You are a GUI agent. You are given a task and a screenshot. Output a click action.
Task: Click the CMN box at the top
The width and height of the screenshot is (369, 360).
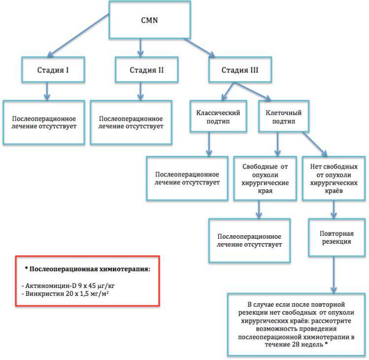point(149,20)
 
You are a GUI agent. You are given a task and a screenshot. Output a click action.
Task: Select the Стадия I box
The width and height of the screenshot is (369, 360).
point(53,70)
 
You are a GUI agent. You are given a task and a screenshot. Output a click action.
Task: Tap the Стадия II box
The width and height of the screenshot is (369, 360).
point(146,70)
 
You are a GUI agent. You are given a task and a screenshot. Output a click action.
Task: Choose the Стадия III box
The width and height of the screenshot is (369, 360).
point(240,70)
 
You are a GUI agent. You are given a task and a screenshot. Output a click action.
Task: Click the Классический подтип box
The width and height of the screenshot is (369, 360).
point(218,116)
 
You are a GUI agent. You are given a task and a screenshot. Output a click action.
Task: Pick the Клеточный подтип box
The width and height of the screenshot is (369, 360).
point(284,116)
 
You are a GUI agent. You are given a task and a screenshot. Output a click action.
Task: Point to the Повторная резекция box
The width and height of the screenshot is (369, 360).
point(337,238)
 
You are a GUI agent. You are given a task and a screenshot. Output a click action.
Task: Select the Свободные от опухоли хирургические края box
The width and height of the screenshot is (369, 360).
point(265,179)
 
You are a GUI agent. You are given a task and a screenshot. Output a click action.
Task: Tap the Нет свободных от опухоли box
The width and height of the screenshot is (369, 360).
point(334,179)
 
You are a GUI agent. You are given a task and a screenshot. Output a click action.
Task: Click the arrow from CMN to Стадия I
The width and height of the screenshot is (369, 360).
point(78,35)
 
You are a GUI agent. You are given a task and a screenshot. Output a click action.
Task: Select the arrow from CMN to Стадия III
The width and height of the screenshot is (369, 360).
point(200,48)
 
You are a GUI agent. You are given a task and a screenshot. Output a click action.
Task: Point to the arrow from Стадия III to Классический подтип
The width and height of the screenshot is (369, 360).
point(228,91)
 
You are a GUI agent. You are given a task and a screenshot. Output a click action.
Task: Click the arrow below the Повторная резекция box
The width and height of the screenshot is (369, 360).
point(334,274)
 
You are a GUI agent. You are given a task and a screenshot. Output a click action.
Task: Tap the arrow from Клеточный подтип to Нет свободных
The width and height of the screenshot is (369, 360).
point(315,144)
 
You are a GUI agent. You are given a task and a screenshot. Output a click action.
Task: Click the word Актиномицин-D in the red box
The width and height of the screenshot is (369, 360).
point(51,286)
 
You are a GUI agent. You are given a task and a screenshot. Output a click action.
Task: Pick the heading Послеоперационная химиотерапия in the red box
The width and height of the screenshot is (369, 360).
point(89,269)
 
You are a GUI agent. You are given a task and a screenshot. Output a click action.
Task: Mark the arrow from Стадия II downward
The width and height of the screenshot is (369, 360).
point(140,91)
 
